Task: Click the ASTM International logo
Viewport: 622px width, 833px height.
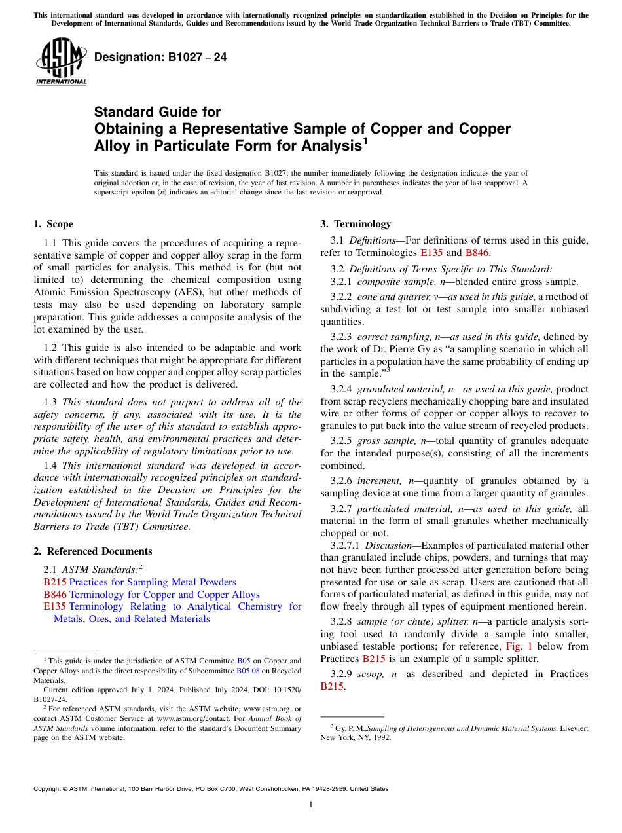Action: (61, 62)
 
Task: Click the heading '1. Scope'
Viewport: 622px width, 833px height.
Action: (53, 224)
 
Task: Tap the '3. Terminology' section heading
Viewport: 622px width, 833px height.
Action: (356, 224)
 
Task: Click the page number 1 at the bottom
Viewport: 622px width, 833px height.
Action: (311, 805)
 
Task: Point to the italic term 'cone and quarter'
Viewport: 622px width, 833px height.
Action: (392, 297)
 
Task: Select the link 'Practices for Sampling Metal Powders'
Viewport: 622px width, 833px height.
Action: (153, 582)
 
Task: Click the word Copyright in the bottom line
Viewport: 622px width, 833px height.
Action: (50, 789)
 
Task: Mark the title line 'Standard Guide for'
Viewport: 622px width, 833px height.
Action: (157, 112)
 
